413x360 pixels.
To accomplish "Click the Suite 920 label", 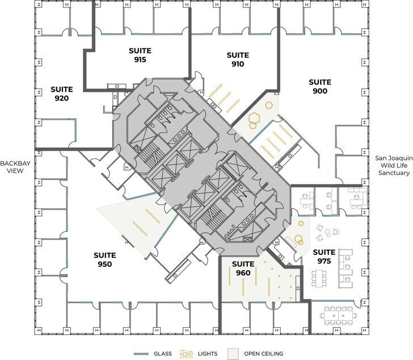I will tap(61, 94).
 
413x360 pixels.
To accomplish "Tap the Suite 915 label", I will tap(140, 55).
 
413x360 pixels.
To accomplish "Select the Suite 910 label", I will tap(238, 60).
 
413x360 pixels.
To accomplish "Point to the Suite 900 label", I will tap(319, 86).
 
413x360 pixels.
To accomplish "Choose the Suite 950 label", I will tap(104, 259).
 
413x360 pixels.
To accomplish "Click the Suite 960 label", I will tap(243, 269).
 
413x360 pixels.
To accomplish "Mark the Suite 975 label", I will tap(324, 257).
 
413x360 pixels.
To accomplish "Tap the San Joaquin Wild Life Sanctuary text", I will tap(392, 165).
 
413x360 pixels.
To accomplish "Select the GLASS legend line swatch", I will tap(141, 354).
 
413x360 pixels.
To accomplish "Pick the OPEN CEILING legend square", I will tap(233, 354).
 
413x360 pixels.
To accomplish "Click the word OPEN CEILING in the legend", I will tap(263, 354).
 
